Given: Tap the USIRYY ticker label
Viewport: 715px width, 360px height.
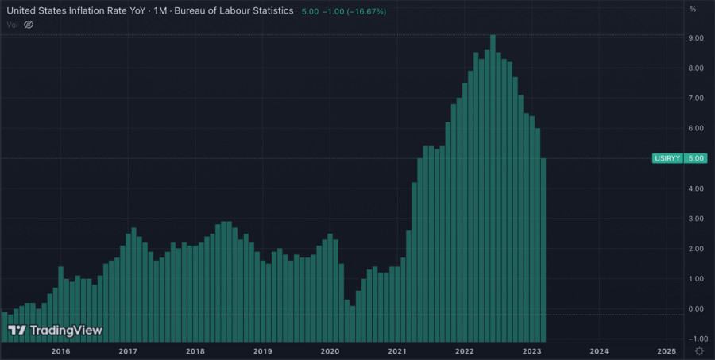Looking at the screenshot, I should coord(665,158).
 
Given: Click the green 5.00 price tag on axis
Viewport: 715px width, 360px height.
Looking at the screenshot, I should coord(696,158).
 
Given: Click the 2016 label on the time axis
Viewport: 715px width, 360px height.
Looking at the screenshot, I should coord(60,350).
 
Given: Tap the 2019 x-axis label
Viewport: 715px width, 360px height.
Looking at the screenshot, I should coord(263,350).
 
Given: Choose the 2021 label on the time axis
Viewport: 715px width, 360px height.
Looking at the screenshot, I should coord(398,350).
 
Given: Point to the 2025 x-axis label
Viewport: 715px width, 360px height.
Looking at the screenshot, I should coord(667,350).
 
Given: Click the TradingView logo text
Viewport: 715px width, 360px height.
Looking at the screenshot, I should coord(66,330).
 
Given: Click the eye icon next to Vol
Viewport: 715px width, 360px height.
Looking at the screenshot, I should coord(29,25).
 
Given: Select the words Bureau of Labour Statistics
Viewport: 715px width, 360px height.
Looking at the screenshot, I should coord(236,10).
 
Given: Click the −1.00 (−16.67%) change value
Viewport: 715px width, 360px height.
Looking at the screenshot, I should coord(352,10).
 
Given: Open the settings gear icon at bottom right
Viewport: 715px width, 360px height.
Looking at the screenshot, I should coord(698,350).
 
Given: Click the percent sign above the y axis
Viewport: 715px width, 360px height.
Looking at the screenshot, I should coord(694,9).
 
